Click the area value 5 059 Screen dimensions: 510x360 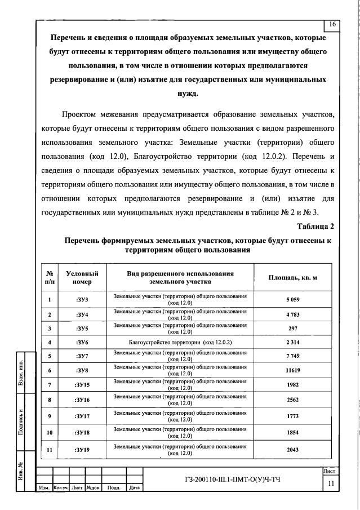point(292,300)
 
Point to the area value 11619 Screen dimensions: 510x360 point(292,371)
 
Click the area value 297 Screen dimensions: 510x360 point(292,328)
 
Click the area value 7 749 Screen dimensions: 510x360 point(292,356)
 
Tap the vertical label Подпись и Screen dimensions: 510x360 point(20,420)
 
